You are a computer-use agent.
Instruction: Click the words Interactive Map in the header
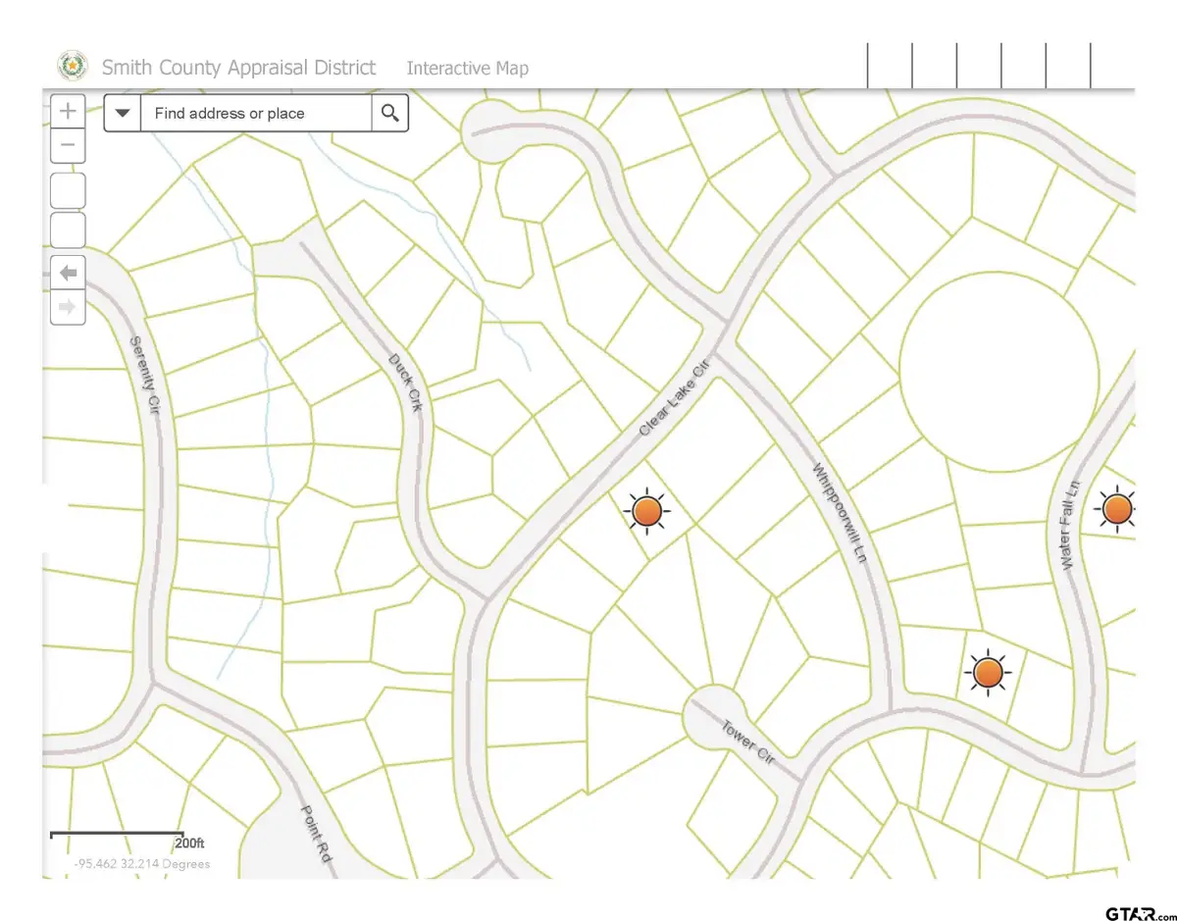point(467,68)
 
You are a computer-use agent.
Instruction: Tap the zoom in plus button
point(68,111)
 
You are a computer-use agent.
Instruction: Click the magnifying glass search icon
point(389,114)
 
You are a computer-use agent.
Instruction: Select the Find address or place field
point(255,114)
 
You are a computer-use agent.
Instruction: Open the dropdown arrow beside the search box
point(123,114)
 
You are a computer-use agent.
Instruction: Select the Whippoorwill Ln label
point(841,512)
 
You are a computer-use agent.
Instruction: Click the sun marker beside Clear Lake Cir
point(646,511)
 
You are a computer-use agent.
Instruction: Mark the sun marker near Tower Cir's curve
point(987,674)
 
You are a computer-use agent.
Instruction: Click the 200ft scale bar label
point(189,844)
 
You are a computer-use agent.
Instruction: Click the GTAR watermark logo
point(1137,914)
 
